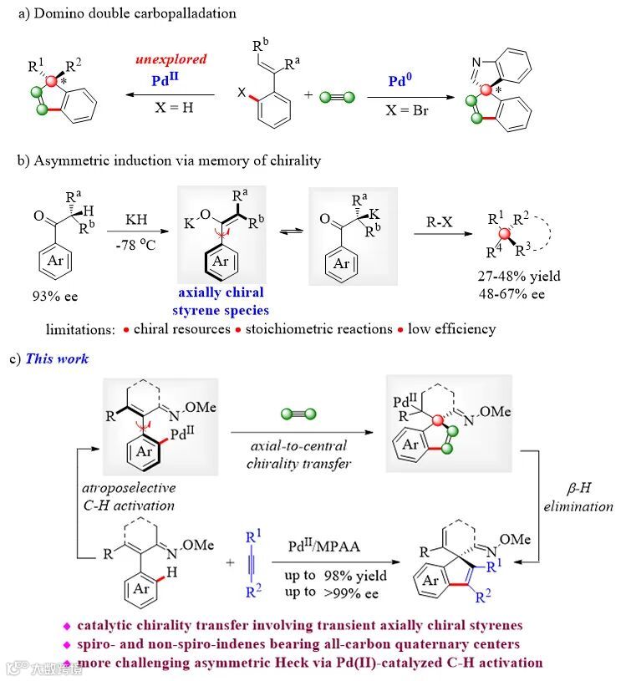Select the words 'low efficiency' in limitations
click(451, 328)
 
